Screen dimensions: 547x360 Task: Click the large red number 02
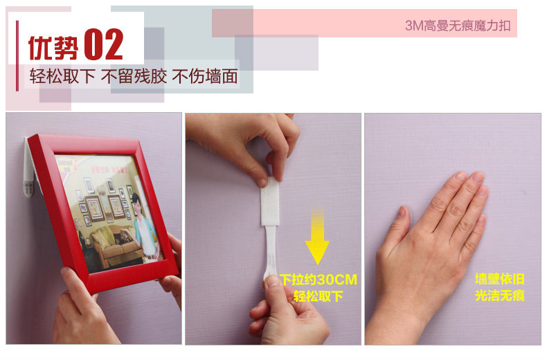point(104,44)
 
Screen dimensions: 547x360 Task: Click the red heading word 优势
point(53,48)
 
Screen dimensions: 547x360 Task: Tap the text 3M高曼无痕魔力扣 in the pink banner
point(458,26)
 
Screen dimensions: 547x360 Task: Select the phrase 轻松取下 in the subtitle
point(62,76)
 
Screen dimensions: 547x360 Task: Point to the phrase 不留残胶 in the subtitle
point(134,76)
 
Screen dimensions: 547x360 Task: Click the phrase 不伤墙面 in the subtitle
point(205,76)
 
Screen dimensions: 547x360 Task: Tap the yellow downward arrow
point(317,236)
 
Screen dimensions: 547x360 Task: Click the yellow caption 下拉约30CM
point(318,280)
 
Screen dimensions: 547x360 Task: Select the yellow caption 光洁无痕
point(499,296)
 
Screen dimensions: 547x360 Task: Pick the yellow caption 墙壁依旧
point(499,279)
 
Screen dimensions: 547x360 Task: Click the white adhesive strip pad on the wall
point(269,201)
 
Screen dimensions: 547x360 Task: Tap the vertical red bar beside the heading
point(17,56)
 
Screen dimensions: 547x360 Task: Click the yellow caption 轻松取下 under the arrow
point(318,296)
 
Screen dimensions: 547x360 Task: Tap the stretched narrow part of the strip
point(270,251)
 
